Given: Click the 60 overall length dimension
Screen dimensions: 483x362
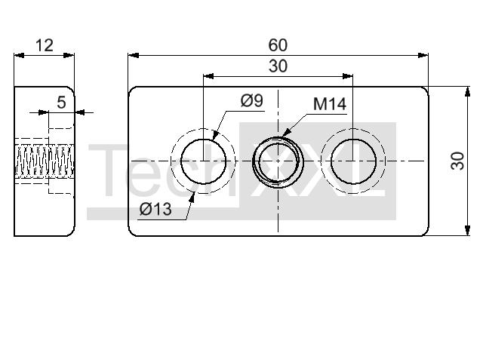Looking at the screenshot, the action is pyautogui.click(x=278, y=45).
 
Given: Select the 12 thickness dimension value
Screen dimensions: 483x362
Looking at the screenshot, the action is pyautogui.click(x=45, y=45).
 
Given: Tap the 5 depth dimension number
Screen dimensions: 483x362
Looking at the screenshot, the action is pyautogui.click(x=61, y=103).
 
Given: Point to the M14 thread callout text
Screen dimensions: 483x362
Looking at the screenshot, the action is pyautogui.click(x=330, y=104).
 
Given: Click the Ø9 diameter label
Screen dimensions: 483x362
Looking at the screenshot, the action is pyautogui.click(x=251, y=100).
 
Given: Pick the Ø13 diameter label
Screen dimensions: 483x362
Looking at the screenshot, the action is pyautogui.click(x=155, y=210).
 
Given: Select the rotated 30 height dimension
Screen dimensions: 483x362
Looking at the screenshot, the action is pyautogui.click(x=458, y=161).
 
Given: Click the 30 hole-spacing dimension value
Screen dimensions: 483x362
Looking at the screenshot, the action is pyautogui.click(x=278, y=66).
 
